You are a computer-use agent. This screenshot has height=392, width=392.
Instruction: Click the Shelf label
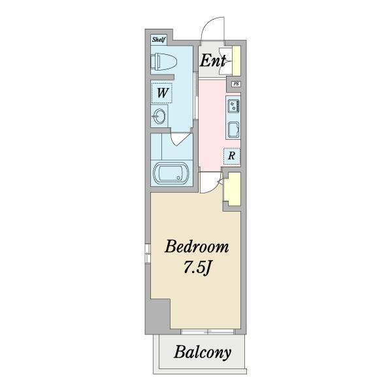point(159,39)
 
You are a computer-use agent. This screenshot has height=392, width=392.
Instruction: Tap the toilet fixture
point(164,61)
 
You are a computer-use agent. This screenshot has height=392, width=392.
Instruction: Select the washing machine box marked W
point(162,93)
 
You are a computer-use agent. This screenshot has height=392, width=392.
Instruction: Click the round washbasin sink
point(159,116)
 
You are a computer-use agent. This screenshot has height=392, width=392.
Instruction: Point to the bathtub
point(171,173)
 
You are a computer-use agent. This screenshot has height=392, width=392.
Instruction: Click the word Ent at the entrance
point(213,61)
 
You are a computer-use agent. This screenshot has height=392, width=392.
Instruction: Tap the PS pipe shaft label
point(236,84)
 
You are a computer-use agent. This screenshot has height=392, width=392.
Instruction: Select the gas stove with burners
point(233,106)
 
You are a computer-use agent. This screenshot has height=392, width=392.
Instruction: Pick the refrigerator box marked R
point(232,156)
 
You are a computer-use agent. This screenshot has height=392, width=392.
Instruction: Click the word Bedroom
point(197,246)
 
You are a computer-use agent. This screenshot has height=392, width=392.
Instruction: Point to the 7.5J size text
point(197,268)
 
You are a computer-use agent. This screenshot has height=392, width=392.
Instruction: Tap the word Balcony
point(203,352)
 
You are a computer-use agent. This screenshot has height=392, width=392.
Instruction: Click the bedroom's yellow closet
point(232,189)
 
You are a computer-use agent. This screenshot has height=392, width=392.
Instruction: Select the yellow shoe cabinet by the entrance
point(237,61)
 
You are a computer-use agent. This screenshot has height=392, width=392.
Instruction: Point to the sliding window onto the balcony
point(207,332)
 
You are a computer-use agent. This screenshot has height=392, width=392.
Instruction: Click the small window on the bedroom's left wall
point(148,253)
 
